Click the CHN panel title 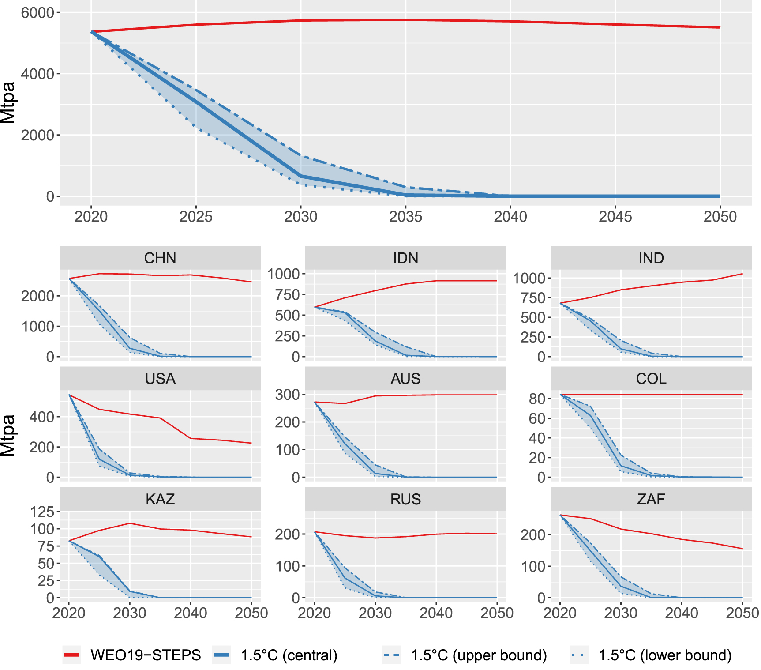coord(160,258)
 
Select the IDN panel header coord(405,258)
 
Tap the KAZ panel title coord(160,499)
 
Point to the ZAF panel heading coord(651,499)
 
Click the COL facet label coord(651,379)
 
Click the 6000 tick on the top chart coord(37,13)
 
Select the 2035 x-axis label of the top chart coord(405,217)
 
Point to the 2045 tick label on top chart coord(615,217)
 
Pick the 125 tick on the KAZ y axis coord(42,512)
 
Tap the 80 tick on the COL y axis coord(537,399)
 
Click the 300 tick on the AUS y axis coord(287,395)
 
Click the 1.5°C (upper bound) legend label coord(479,655)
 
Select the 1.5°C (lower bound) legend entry coord(664,655)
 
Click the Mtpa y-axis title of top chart coord(8,102)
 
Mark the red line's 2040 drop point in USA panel coord(191,438)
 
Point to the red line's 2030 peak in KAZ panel coord(130,523)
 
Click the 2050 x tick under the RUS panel coord(497,613)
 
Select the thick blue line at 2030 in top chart coord(301,176)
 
